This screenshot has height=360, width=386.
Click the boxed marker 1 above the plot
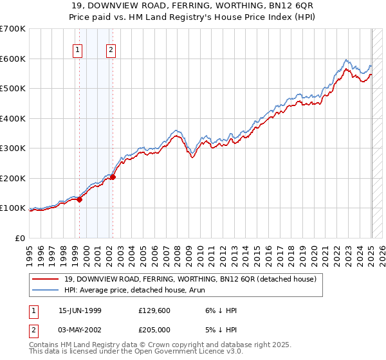(x=78, y=50)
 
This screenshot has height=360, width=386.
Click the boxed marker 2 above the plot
(x=111, y=50)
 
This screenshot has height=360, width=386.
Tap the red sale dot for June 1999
(x=80, y=199)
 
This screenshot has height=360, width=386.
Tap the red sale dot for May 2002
(x=113, y=177)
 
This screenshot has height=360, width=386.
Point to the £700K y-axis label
(x=13, y=29)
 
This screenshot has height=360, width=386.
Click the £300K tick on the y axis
(x=13, y=148)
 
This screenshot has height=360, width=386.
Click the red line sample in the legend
(x=46, y=280)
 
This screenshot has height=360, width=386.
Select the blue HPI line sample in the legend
(x=46, y=291)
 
